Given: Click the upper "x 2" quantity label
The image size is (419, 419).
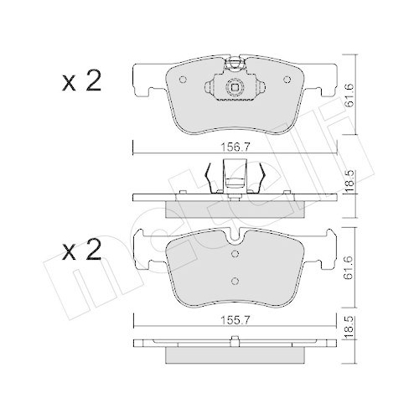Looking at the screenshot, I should pos(81,81).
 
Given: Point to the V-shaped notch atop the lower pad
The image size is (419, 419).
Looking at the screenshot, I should pos(235,239).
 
